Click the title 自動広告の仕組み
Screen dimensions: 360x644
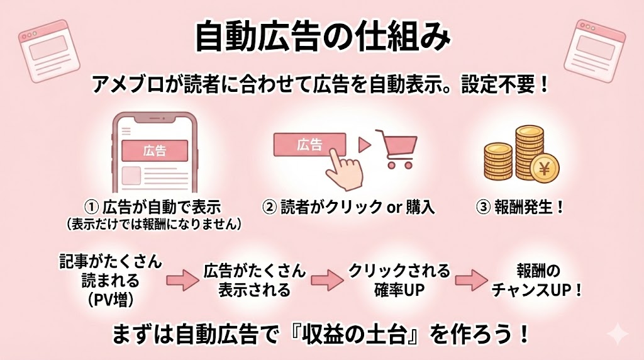(x=321, y=37)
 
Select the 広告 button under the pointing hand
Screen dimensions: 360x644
(x=309, y=145)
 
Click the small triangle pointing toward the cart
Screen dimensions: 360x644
(x=363, y=145)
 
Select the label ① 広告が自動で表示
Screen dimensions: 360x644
(x=154, y=208)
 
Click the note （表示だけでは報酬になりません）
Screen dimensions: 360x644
(x=154, y=224)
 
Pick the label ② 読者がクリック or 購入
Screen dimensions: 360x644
(x=349, y=208)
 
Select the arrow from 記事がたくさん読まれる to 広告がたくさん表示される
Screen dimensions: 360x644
(x=182, y=281)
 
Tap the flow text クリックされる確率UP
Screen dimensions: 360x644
(x=400, y=281)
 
